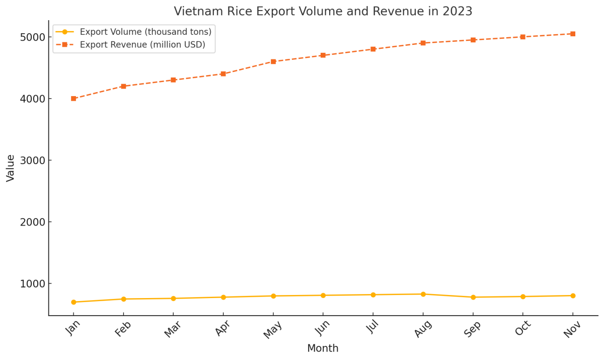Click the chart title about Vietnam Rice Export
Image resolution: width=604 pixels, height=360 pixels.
[323, 11]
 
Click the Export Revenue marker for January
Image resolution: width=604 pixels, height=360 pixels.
[73, 99]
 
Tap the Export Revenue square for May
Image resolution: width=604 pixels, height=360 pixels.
[273, 61]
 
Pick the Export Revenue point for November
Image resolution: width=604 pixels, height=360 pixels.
[573, 34]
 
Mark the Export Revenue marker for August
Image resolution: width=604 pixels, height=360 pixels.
[423, 43]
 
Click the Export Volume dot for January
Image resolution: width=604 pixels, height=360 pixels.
[73, 302]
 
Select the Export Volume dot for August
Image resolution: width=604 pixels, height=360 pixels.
[423, 294]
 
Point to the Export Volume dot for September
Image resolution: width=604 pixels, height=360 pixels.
[473, 297]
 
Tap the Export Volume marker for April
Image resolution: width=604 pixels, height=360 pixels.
[223, 297]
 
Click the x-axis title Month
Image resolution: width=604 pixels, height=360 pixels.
[323, 348]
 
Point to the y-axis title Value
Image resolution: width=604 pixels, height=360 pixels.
[11, 168]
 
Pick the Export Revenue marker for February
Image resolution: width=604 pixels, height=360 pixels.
[123, 86]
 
